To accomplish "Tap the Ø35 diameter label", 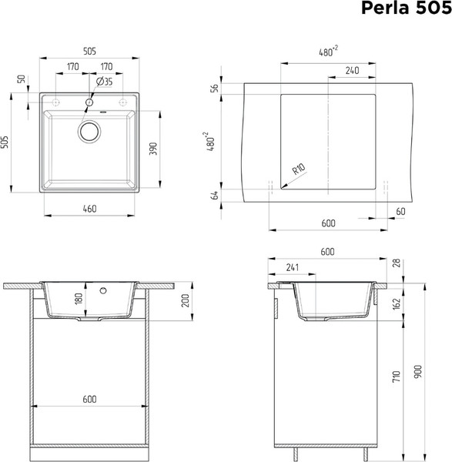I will [x=105, y=81].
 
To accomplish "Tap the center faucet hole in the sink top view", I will [x=89, y=102].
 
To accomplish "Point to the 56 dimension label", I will [x=214, y=88].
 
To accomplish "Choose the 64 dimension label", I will [x=214, y=195].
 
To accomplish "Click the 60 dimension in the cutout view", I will [x=400, y=211].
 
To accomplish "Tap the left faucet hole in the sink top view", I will [x=55, y=102].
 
